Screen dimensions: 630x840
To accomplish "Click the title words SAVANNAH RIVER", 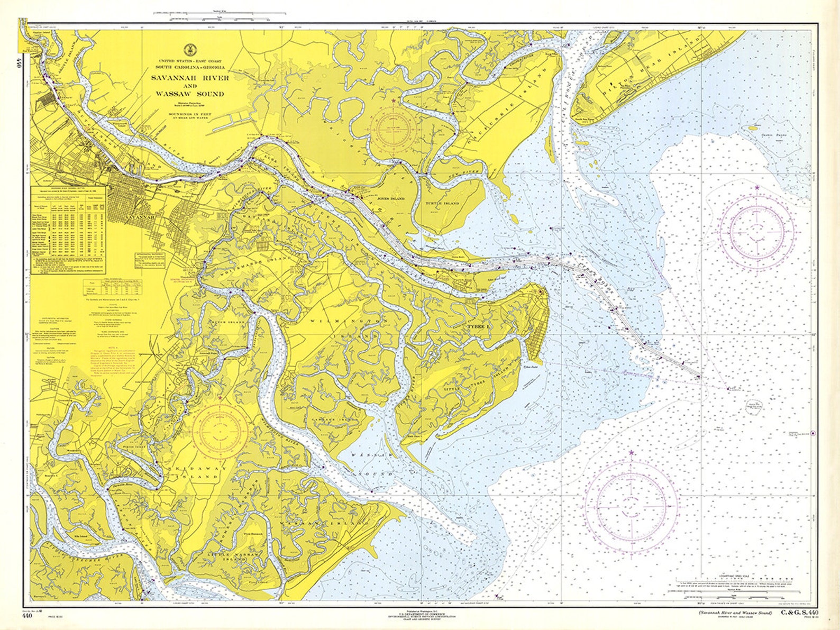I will click(x=190, y=78).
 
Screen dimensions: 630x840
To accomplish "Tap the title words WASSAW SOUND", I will click(x=190, y=94).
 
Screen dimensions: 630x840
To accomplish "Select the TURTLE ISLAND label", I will click(x=442, y=203).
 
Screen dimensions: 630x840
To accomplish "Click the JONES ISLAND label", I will click(x=391, y=198).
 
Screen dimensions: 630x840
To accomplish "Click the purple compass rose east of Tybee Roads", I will click(x=757, y=231).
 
